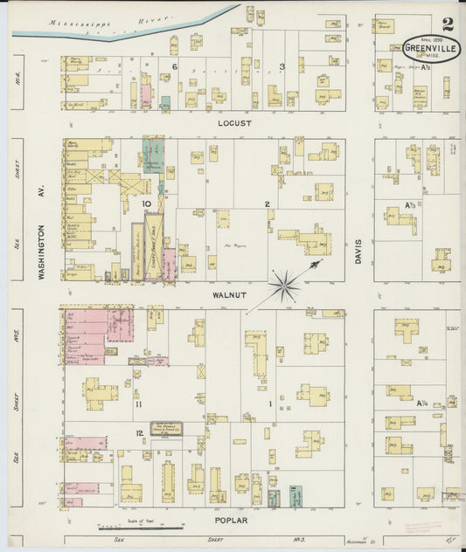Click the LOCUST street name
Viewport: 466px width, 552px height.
coord(233,123)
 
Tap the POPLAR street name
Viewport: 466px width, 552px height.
coord(233,521)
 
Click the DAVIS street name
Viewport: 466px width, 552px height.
coord(358,253)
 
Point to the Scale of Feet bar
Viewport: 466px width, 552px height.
coord(140,528)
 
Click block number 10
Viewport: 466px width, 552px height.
coord(149,203)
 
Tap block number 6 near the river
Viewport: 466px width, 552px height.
coord(175,66)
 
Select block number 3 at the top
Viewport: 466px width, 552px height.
coord(282,66)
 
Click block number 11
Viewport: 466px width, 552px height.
coord(138,404)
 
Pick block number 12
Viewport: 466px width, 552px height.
coord(138,434)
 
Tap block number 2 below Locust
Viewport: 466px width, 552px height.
coord(267,204)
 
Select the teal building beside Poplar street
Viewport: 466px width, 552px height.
coord(274,498)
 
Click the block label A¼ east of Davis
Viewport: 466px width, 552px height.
coord(421,403)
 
